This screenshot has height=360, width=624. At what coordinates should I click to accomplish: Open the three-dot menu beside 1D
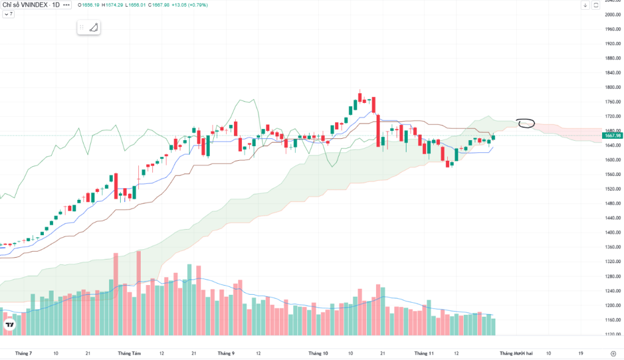pyautogui.click(x=66, y=5)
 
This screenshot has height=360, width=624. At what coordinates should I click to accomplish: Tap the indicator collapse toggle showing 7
pyautogui.click(x=8, y=13)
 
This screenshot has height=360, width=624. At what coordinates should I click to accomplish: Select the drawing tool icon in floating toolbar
pyautogui.click(x=93, y=27)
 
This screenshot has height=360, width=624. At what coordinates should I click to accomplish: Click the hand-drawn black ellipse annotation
pyautogui.click(x=525, y=123)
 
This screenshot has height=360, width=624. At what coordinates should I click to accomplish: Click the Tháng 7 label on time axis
pyautogui.click(x=23, y=353)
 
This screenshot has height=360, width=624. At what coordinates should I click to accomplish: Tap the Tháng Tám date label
pyautogui.click(x=129, y=353)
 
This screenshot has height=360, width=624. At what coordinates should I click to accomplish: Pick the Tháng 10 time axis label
pyautogui.click(x=318, y=353)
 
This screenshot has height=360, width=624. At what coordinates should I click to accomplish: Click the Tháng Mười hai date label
pyautogui.click(x=516, y=353)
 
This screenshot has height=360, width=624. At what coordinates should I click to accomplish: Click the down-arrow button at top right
pyautogui.click(x=585, y=5)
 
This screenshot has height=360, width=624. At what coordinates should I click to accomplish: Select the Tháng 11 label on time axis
pyautogui.click(x=424, y=353)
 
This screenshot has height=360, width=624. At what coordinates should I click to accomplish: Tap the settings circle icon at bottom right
pyautogui.click(x=612, y=353)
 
